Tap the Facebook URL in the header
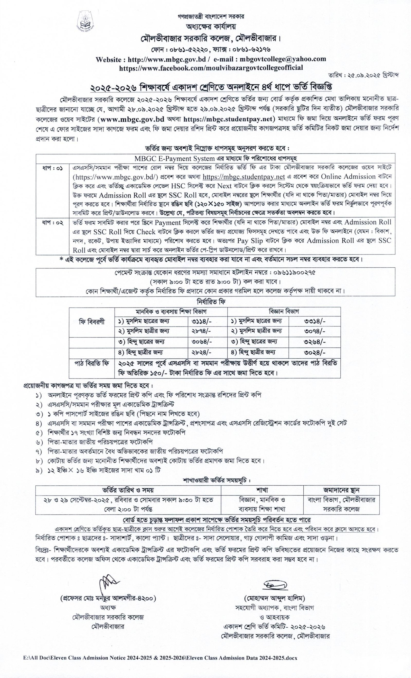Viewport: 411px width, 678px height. (211, 68)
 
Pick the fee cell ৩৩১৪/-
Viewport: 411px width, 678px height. (315, 321)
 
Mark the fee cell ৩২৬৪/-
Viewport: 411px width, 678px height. (315, 342)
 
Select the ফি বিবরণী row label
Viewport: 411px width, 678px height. (92, 322)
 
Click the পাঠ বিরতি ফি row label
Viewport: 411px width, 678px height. (92, 363)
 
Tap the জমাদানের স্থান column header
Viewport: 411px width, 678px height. (341, 490)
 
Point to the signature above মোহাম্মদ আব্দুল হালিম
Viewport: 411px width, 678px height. (275, 584)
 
